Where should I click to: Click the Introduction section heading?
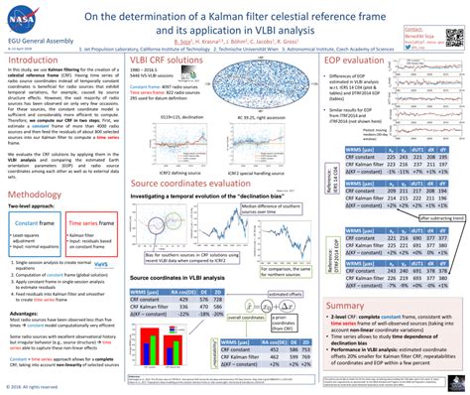click(x=40, y=61)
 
